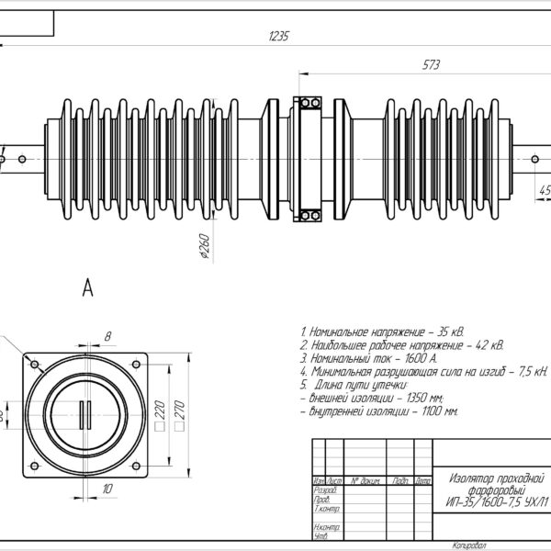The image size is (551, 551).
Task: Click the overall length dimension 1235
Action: [x=278, y=37]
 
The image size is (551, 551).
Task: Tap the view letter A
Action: [x=88, y=289]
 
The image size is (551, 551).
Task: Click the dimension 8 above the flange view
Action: [x=107, y=337]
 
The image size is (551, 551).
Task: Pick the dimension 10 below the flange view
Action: [x=107, y=489]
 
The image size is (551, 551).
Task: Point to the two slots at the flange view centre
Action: [x=86, y=413]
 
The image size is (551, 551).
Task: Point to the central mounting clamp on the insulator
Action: [x=306, y=158]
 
